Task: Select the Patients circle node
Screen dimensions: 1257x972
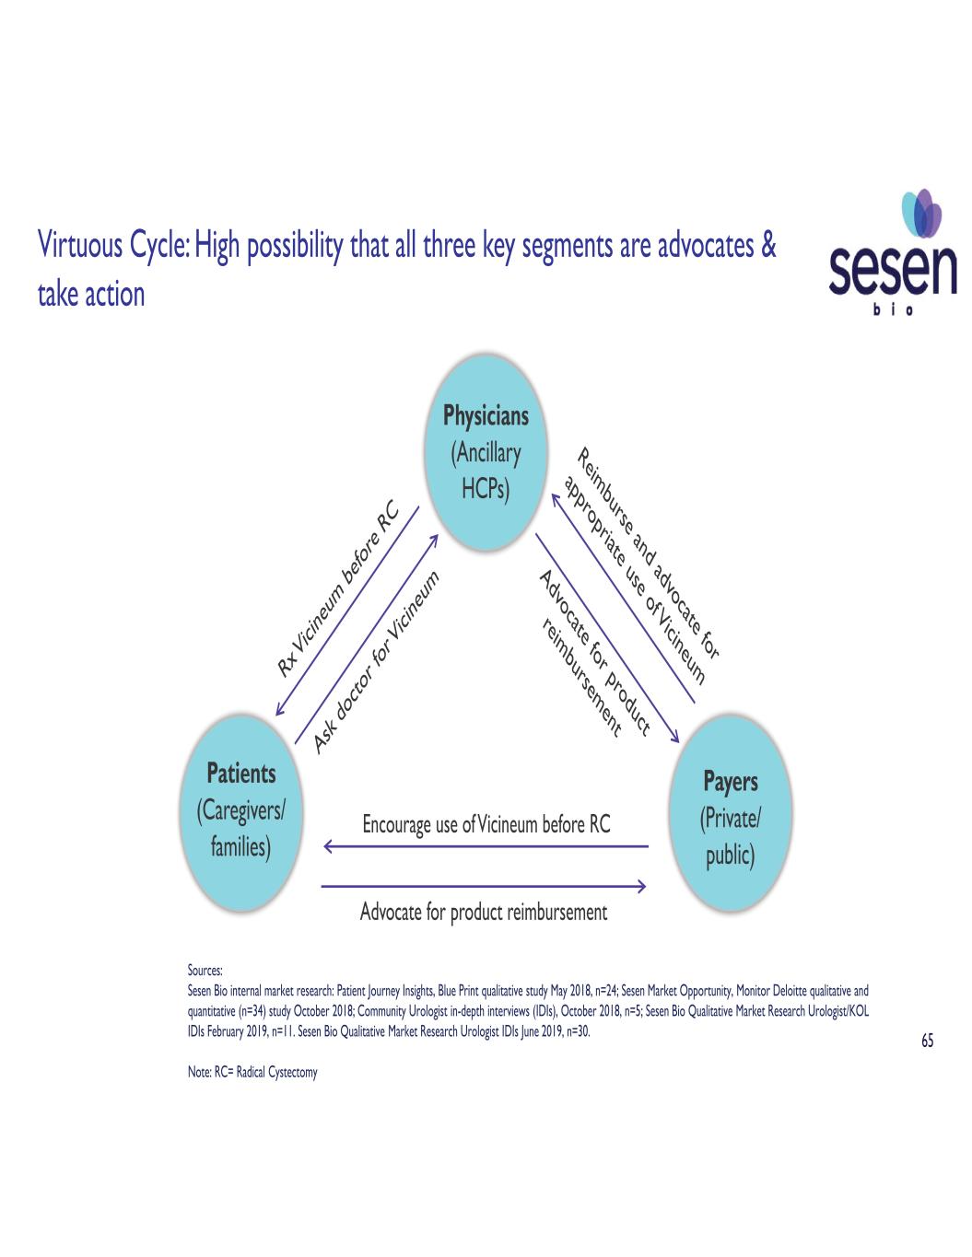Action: coord(241,810)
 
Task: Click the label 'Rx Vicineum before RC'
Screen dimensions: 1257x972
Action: coord(337,588)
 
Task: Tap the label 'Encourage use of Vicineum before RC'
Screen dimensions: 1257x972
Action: coord(486,824)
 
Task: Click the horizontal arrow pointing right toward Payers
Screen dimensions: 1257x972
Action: coord(484,887)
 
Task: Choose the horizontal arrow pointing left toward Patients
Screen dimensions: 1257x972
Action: coord(486,845)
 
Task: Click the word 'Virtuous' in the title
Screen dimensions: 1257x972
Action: coord(76,247)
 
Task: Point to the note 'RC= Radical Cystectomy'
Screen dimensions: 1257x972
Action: coord(252,1073)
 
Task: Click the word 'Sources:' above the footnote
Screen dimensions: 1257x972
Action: coord(205,970)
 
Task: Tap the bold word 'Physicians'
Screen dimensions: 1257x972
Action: coord(486,416)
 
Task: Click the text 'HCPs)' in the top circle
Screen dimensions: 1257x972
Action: coord(486,490)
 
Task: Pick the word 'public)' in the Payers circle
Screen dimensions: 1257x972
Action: coord(731,856)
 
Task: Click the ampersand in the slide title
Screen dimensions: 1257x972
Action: coord(769,247)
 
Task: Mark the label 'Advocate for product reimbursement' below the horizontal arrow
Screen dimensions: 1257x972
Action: coord(484,913)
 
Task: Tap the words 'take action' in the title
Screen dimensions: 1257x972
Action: coord(91,295)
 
